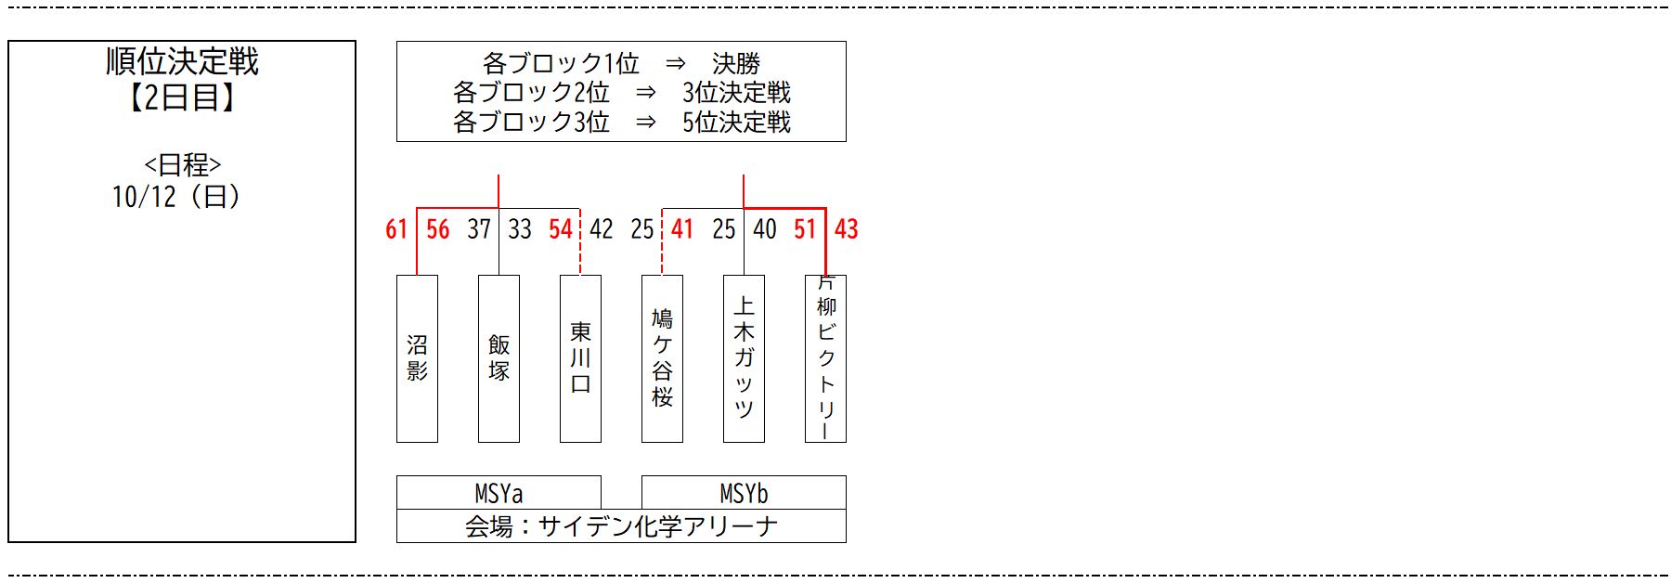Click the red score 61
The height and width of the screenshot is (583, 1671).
[396, 229]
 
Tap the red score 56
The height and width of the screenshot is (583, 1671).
[437, 229]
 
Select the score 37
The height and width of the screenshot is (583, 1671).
[479, 229]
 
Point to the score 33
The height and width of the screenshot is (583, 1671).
[520, 229]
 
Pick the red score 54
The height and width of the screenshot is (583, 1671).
[561, 229]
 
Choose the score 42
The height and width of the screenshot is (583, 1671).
[602, 229]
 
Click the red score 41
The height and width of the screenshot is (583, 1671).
[682, 229]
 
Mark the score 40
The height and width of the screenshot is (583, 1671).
[765, 229]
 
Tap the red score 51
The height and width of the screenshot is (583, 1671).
[805, 229]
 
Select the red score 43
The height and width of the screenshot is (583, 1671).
[847, 229]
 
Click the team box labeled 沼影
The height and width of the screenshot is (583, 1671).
[417, 358]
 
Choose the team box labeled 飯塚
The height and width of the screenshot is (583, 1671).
[499, 358]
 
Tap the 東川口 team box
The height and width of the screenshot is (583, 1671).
[580, 358]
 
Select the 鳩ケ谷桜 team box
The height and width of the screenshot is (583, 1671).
[662, 358]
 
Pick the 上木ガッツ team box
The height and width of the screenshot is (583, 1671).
[744, 358]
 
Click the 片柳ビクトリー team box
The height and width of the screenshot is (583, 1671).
[825, 358]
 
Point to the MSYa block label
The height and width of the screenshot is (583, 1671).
[499, 493]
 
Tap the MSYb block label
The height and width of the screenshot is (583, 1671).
[744, 493]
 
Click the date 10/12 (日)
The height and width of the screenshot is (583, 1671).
[176, 197]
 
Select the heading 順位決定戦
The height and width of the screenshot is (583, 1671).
[182, 62]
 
